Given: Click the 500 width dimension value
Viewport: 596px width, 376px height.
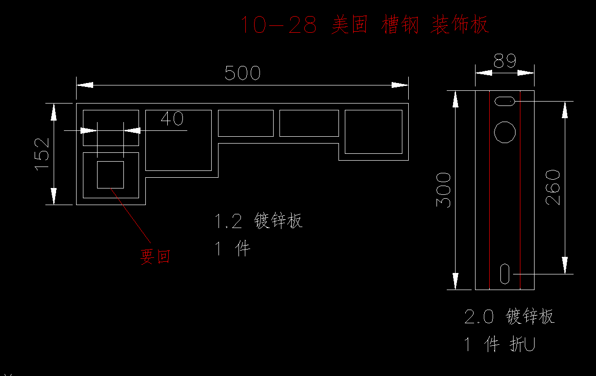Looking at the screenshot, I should click(x=242, y=73).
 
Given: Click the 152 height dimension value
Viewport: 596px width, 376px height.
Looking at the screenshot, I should click(x=42, y=154).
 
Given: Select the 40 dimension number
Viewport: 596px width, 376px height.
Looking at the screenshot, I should click(x=172, y=119).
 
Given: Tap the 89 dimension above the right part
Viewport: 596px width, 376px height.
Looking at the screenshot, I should click(x=505, y=61).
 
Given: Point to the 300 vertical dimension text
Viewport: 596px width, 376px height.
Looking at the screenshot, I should click(x=443, y=189).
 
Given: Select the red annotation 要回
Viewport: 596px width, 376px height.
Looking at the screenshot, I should click(x=156, y=256).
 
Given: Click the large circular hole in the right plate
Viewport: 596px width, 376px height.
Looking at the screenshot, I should click(x=505, y=132).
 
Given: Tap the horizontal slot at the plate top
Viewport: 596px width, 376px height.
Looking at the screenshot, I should click(x=505, y=102).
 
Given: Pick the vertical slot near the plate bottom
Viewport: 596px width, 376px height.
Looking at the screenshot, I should click(x=505, y=273).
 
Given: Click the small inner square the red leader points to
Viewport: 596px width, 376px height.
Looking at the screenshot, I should click(x=110, y=174).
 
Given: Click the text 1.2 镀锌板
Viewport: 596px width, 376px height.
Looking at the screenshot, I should click(x=259, y=221).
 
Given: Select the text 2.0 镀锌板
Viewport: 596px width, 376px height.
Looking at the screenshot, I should click(x=509, y=316).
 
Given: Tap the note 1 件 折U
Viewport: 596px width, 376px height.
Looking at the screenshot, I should click(x=499, y=345).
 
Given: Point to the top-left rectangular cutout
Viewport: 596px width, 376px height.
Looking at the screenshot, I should click(x=111, y=128).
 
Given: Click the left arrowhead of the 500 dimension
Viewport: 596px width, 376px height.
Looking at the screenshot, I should click(x=84, y=85).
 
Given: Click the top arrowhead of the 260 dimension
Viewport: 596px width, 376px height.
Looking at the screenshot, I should click(x=565, y=110).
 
